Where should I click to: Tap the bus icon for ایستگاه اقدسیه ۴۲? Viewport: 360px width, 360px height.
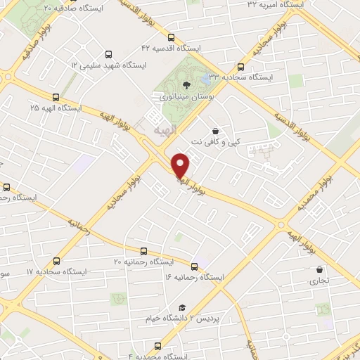(x=170, y=37)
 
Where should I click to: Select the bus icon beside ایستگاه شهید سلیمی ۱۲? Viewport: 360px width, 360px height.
(x=108, y=53)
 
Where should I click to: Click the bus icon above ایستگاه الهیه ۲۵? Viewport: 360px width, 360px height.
(x=56, y=98)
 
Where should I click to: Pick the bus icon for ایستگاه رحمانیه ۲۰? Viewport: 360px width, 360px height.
(x=144, y=251)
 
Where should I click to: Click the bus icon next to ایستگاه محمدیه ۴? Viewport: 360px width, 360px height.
(x=157, y=346)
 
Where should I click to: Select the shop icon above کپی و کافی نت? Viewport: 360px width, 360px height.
(x=214, y=131)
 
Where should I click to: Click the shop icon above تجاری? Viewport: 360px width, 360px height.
(x=320, y=269)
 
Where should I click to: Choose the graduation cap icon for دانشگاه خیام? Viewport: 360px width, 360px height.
(x=182, y=307)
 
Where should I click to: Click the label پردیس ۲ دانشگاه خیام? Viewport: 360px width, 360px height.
(x=216, y=318)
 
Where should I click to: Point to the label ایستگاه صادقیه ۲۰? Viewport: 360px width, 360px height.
(x=72, y=7)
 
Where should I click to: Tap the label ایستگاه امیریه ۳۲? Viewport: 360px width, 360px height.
(x=275, y=4)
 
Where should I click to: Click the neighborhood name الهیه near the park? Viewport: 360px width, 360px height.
(x=165, y=130)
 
